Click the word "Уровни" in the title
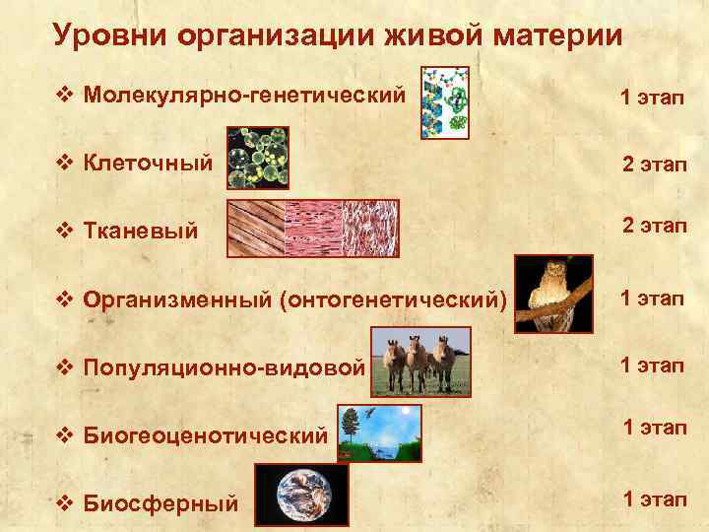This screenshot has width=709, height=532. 109,35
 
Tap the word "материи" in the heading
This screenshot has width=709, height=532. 559,35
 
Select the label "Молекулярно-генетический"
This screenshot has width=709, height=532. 244,96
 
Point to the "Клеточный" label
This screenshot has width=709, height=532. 148,162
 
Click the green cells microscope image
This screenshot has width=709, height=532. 257,158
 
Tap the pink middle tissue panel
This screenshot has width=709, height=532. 313,229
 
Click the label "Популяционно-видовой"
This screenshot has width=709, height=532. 225,367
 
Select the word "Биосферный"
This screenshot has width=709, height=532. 161,503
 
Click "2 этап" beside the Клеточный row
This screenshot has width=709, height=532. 654,164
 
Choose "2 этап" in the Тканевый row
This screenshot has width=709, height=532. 654,229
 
